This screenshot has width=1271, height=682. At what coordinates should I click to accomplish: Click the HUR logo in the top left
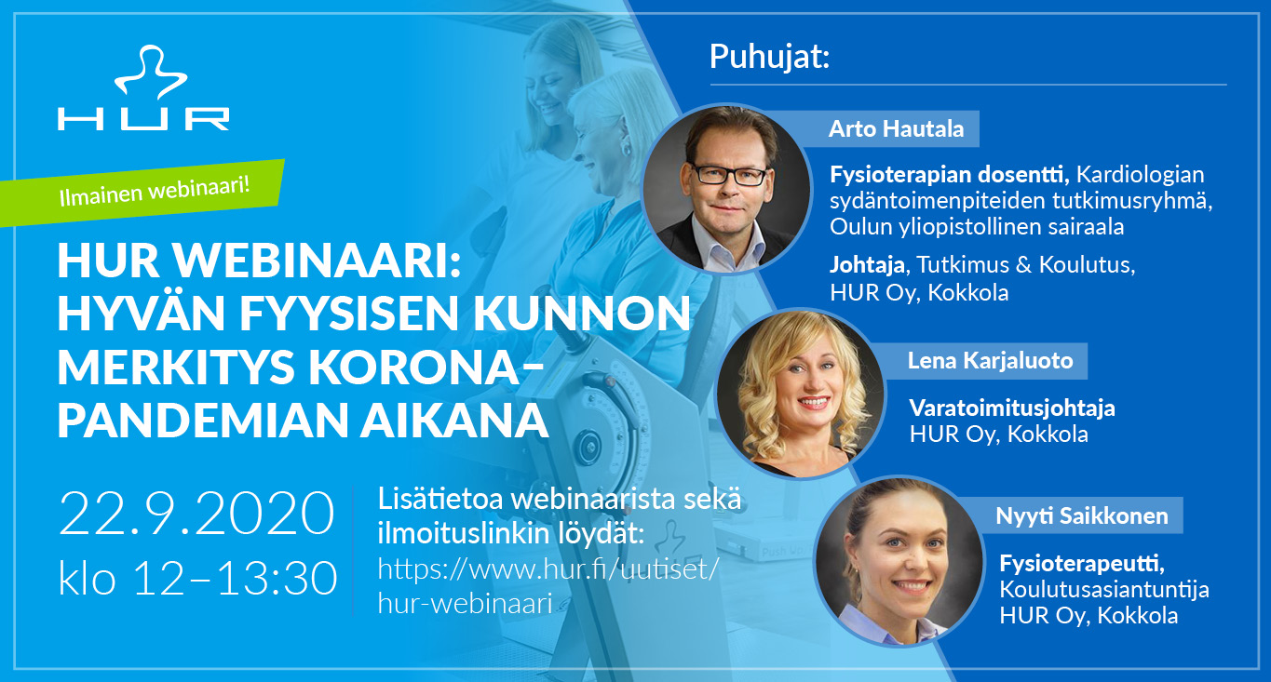tap(143, 87)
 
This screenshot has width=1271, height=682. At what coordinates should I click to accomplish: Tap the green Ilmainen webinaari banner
tap(142, 193)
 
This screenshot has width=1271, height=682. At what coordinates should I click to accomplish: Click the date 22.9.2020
tap(196, 514)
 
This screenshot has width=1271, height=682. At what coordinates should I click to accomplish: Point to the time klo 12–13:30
tap(198, 578)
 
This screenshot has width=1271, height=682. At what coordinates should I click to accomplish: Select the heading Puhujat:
tap(769, 58)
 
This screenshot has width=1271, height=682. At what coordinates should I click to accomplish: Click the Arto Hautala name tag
tap(896, 128)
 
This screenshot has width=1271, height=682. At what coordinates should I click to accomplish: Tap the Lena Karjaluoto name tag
tap(990, 361)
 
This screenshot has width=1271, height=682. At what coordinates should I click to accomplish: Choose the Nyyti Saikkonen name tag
tap(1081, 515)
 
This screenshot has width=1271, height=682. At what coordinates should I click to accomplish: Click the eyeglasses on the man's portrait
tap(730, 175)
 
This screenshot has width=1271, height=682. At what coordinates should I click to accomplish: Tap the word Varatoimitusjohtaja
tap(1012, 408)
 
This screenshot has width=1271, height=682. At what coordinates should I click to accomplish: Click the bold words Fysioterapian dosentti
tap(949, 175)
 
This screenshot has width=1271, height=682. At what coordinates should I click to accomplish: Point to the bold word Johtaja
tap(868, 265)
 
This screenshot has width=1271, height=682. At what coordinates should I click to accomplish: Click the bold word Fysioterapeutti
tap(1082, 564)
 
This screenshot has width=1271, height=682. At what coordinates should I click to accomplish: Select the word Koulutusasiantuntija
tap(1104, 590)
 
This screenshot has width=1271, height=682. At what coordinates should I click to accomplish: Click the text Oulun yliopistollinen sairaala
tap(977, 227)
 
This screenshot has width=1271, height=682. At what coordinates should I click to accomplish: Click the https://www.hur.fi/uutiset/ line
tap(548, 569)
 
